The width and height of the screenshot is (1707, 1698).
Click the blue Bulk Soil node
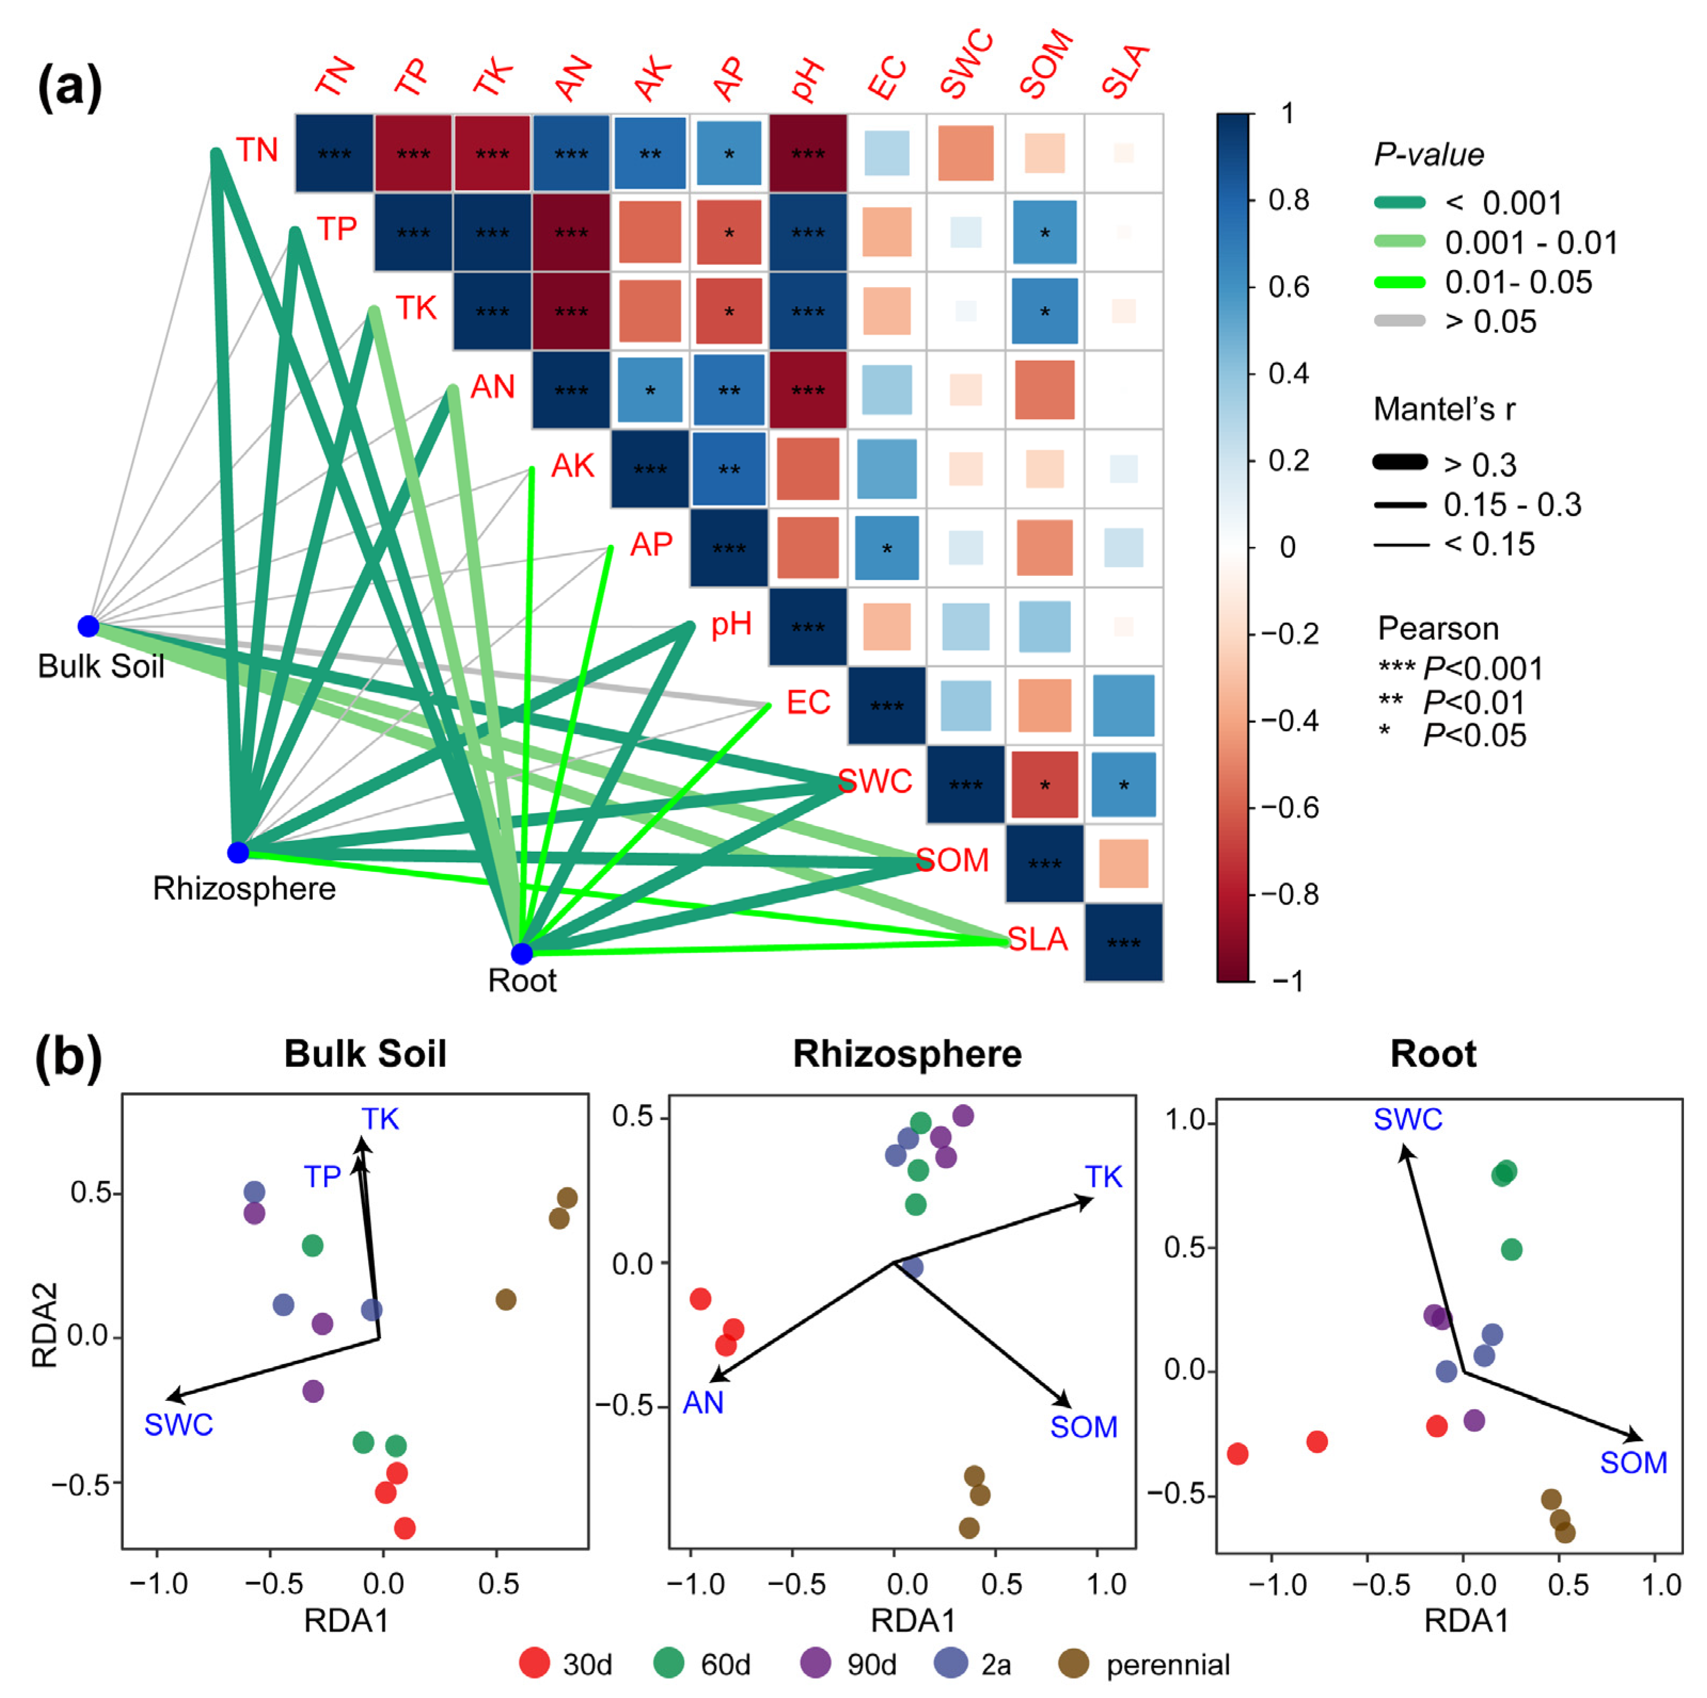pos(89,626)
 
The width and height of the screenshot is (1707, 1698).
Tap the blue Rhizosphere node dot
pos(237,853)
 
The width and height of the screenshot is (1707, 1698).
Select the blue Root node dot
pos(522,953)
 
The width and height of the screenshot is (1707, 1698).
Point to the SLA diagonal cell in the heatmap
pos(1123,942)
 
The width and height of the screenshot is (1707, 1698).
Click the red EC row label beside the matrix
pos(808,702)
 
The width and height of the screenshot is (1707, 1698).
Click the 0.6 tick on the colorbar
pos(1288,287)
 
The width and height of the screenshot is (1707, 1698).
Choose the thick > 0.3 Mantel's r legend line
pos(1400,462)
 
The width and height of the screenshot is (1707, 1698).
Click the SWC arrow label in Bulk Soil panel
pos(178,1425)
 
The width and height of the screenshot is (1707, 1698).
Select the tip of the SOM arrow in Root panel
pos(1641,1438)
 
